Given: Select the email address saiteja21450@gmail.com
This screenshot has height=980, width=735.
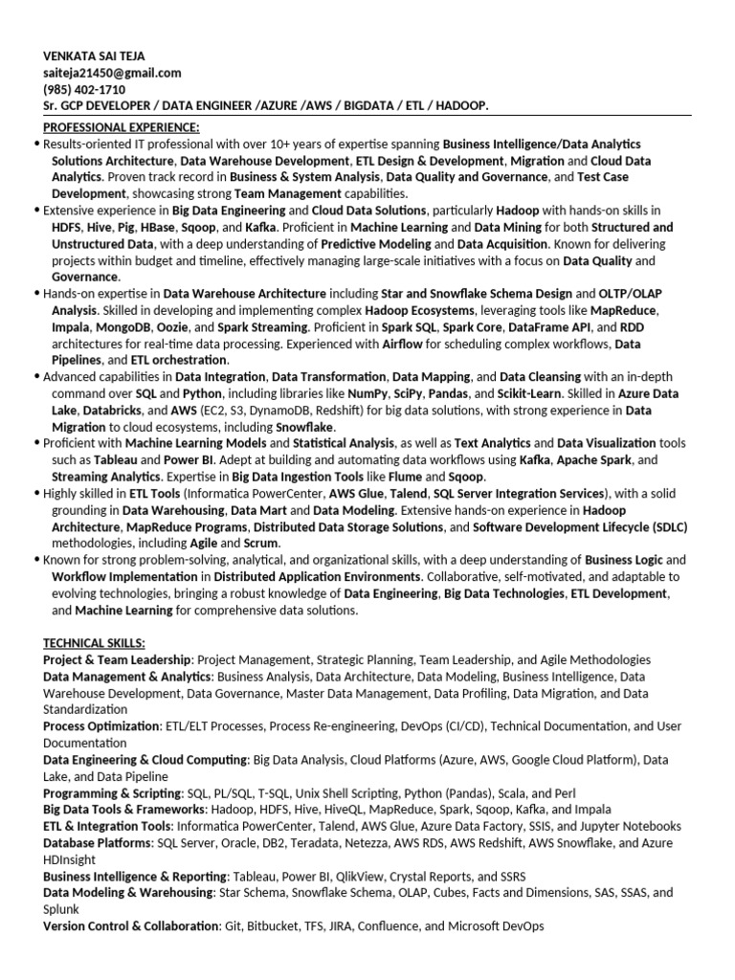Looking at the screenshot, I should click(x=112, y=73).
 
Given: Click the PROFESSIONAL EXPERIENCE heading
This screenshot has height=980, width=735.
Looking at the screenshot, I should click(x=122, y=127).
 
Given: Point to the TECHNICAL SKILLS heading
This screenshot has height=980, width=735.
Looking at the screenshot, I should click(x=94, y=642).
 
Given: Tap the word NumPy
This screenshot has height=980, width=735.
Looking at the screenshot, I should click(x=365, y=393).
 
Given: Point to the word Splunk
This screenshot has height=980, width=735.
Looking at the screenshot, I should click(x=63, y=908).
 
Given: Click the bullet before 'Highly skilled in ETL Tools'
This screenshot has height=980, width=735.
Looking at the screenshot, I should click(x=36, y=493).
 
